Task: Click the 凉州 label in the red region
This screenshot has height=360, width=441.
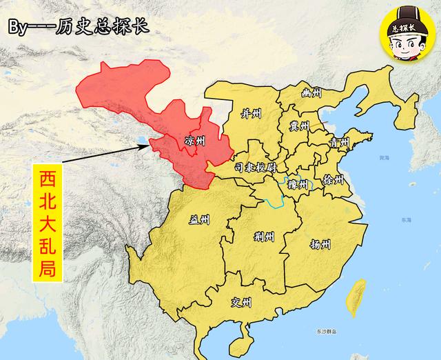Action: click(x=196, y=141)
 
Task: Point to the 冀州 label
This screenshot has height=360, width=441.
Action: click(x=299, y=126)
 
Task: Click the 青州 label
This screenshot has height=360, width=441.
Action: click(x=339, y=143)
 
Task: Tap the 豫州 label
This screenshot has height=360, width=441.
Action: click(x=296, y=184)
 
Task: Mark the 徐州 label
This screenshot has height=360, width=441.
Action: click(x=332, y=178)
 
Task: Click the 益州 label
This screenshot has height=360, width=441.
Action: click(x=200, y=220)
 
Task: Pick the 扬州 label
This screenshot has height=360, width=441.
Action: click(x=320, y=244)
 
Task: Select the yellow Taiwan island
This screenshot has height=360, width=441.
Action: click(x=356, y=298)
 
